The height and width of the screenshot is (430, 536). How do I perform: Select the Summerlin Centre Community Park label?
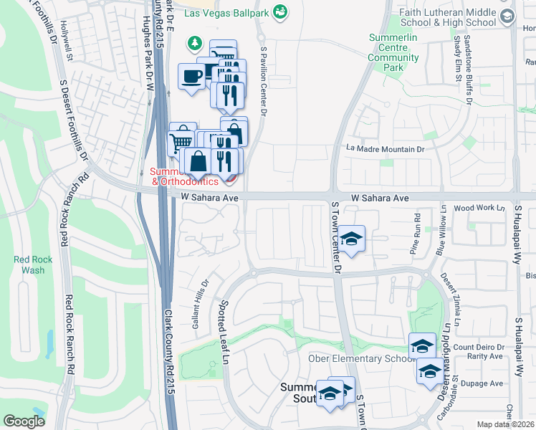393,52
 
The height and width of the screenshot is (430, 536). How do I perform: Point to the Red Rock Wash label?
29,264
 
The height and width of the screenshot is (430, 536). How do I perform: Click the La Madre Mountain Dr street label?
386,148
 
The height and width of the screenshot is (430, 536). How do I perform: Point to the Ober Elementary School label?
357,358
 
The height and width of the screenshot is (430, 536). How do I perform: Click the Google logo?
24,421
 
